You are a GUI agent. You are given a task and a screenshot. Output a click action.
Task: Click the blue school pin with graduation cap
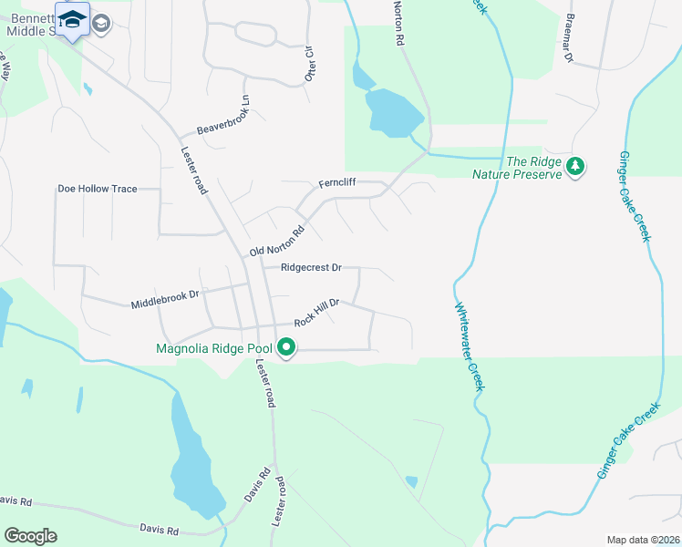point(72,18)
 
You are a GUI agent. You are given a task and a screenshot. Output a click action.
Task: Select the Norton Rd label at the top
point(398,24)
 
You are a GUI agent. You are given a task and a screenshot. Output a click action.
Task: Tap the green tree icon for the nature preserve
point(575,166)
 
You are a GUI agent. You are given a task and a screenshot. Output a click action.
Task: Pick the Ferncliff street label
point(336,183)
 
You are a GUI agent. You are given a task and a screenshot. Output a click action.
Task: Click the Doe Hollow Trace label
point(97,189)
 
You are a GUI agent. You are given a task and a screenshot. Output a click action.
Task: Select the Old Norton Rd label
point(277,239)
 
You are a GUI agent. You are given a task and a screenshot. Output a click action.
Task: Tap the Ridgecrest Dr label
point(311,268)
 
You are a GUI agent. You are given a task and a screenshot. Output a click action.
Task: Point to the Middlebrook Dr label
point(164,300)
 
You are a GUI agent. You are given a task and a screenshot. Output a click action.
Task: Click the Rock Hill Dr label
point(316,312)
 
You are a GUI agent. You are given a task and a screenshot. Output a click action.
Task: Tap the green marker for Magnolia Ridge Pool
point(286,347)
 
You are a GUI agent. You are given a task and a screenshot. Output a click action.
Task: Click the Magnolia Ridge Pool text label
point(215,347)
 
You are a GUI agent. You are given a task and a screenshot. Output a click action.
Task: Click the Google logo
point(30,536)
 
